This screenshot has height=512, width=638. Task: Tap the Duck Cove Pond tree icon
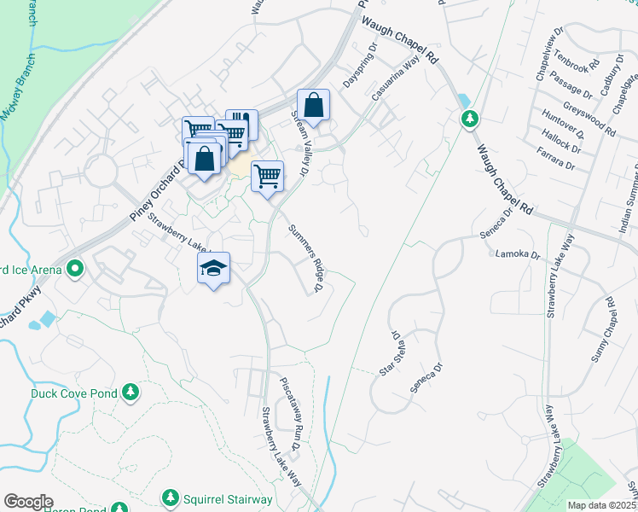[x=130, y=393]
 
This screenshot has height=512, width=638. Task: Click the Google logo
[x=28, y=501]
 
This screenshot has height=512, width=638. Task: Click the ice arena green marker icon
[x=75, y=271]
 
